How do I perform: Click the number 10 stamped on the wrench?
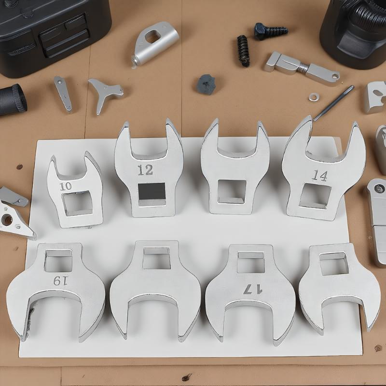pos(66,186)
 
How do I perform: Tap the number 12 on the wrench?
pos(145,170)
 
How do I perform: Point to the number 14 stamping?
pos(320,176)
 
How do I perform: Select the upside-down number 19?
pos(60,281)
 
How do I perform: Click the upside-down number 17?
pos(253,289)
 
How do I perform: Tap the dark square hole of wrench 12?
pos(152,191)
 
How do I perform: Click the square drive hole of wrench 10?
pos(78,203)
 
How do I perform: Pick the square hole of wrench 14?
pos(315,196)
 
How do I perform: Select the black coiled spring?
pos(243,51)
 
